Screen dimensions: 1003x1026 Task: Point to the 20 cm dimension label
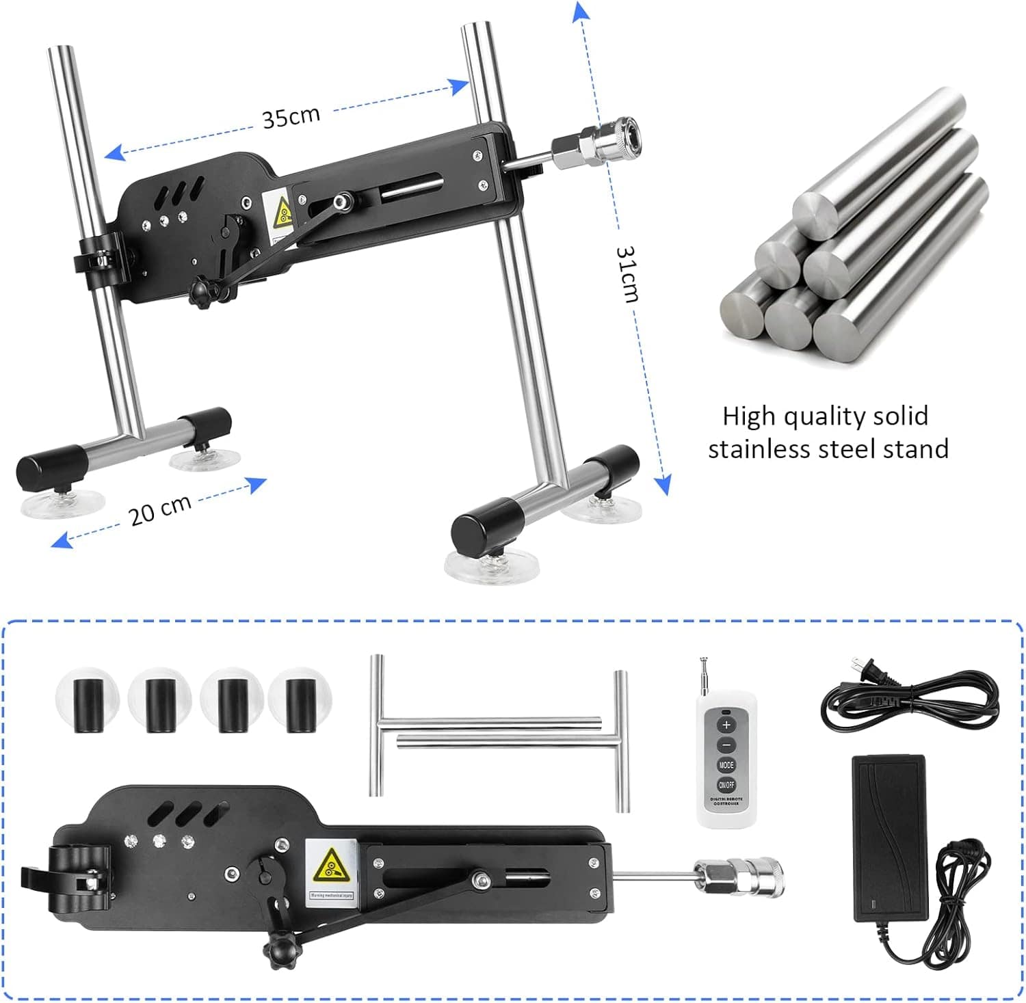pyautogui.click(x=160, y=510)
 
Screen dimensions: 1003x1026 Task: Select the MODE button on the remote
pyautogui.click(x=726, y=765)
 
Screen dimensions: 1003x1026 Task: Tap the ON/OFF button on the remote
pyautogui.click(x=726, y=785)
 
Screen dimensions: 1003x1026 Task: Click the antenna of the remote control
pyautogui.click(x=703, y=677)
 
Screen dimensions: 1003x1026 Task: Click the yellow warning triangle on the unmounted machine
pyautogui.click(x=330, y=866)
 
